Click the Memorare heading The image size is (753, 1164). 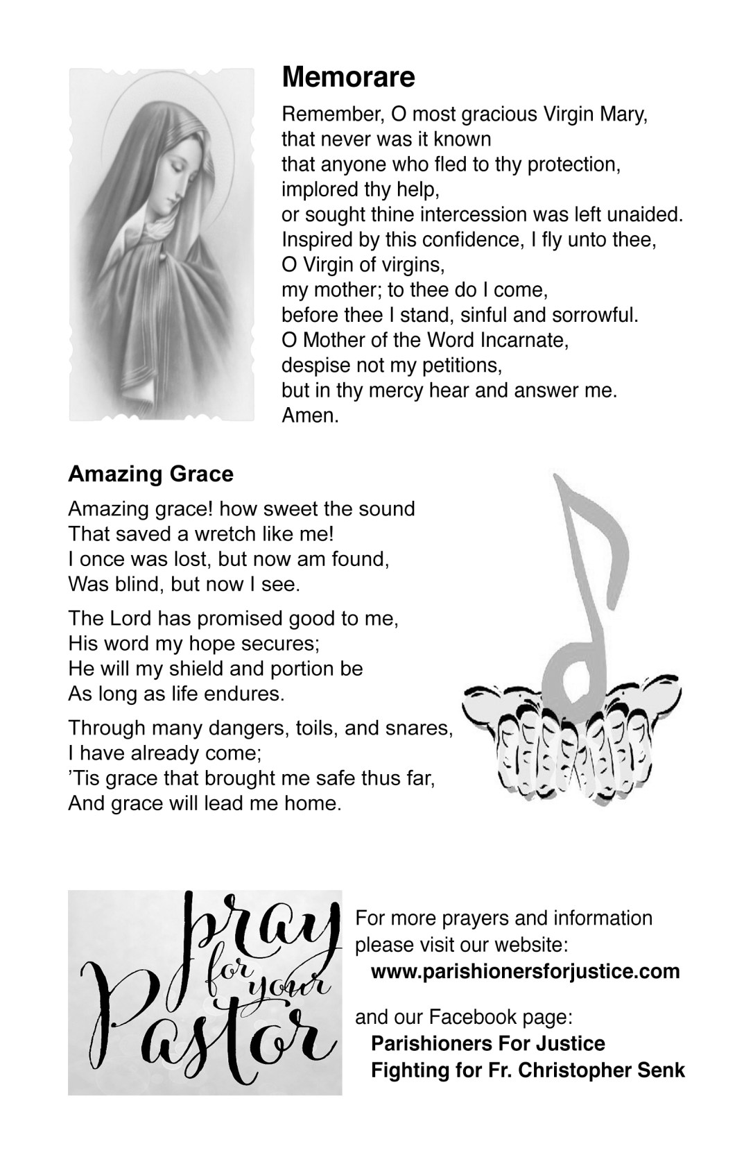click(x=348, y=77)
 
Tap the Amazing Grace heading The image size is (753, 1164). click(x=150, y=474)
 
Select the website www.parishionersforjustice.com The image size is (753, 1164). click(x=525, y=970)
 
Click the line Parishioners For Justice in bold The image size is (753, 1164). click(x=487, y=1043)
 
